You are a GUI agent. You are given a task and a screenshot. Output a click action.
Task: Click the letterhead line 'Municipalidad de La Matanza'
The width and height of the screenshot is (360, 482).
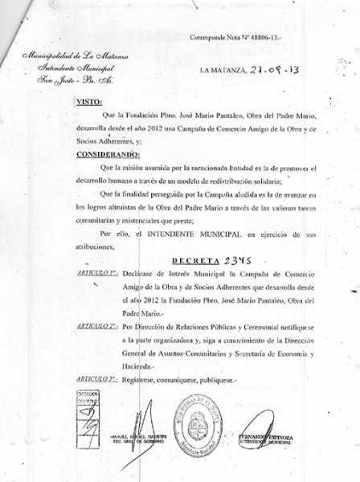point(73,55)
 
